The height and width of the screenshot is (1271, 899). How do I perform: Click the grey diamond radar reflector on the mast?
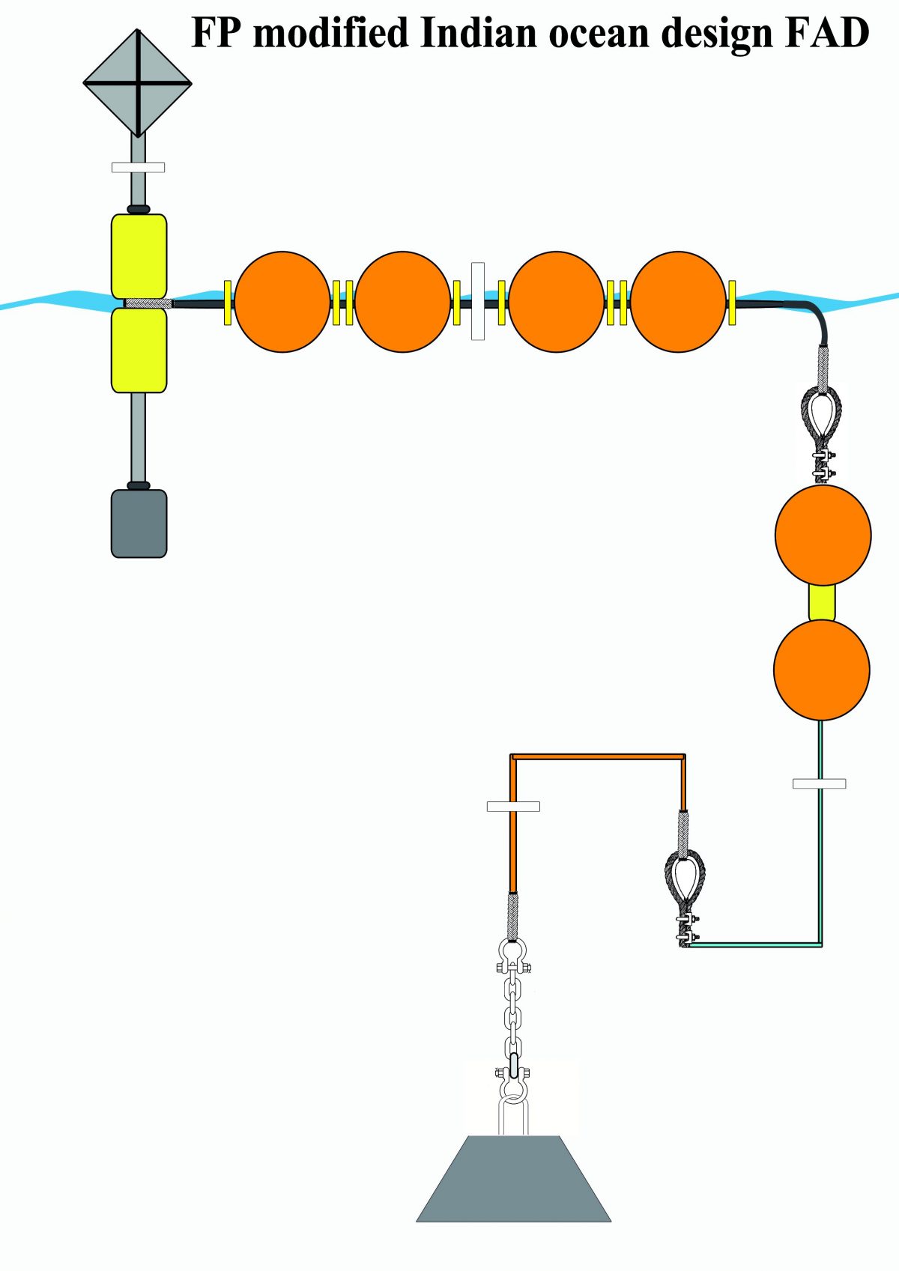137,83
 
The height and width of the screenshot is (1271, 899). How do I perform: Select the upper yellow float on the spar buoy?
139,256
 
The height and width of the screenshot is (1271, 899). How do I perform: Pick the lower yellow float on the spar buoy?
139,350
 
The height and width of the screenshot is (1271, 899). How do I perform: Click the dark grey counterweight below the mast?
139,523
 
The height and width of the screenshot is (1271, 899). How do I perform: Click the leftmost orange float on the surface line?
282,302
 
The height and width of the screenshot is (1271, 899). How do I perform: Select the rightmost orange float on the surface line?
679,302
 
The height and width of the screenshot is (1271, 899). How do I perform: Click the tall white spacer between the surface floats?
478,301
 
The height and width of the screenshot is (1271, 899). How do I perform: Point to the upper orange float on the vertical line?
823,535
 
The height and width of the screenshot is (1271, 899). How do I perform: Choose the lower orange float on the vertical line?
822,670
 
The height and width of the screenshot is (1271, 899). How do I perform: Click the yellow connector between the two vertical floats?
822,603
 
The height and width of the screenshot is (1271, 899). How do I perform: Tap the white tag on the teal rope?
820,783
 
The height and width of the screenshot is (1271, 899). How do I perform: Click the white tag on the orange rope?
514,807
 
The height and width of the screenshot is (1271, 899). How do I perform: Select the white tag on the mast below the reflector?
139,167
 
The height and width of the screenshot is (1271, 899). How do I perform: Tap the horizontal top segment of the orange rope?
598,756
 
